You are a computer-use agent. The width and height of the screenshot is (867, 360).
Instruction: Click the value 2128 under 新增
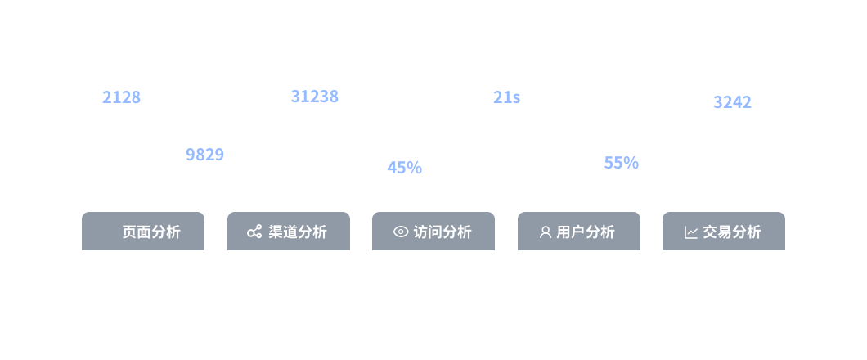coord(121,97)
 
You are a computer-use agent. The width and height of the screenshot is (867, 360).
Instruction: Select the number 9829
coord(204,155)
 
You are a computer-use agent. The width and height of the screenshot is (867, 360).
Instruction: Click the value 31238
coord(314,97)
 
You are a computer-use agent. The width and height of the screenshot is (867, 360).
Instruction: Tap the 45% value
coord(404,168)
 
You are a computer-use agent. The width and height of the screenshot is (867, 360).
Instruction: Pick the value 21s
coord(506,97)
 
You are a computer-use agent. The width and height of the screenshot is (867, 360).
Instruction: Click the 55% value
coord(621,163)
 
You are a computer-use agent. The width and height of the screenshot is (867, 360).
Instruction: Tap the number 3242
coord(732,102)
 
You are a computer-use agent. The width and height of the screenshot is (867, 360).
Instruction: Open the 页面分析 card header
coord(143,232)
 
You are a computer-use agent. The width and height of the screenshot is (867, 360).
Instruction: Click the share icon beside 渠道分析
coord(254,232)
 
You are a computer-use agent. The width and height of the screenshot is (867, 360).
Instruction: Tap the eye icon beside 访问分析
coord(400,232)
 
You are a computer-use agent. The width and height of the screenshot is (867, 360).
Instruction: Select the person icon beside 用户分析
coord(546,232)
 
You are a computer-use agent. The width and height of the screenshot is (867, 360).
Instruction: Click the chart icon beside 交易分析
coord(691,232)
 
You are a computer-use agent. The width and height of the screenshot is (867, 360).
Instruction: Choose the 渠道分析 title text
coord(298,232)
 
